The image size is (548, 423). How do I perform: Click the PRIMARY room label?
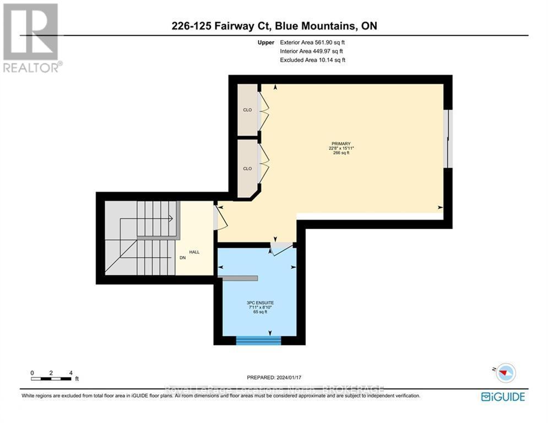(x=341, y=144)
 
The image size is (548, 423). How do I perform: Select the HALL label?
(x=194, y=252)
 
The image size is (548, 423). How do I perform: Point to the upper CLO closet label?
(x=247, y=110)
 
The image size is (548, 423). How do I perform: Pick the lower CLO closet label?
(x=247, y=169)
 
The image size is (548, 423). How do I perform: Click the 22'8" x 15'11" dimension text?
(x=341, y=148)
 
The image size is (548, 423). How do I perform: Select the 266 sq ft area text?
(x=341, y=153)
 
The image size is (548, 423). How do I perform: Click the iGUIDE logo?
(x=503, y=397)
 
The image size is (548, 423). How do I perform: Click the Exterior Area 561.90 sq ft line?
(x=313, y=42)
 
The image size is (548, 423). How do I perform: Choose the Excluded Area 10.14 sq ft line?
(x=313, y=59)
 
